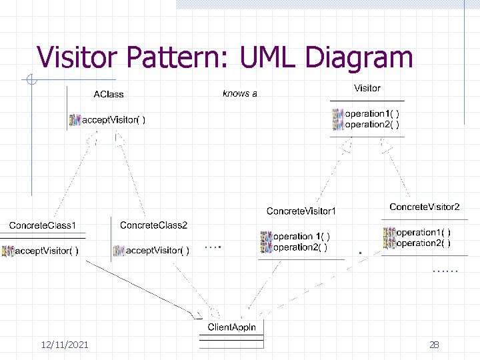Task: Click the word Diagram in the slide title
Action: point(357,57)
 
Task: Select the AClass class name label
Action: point(108,95)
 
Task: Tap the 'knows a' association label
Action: point(239,93)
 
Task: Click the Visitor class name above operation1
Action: point(367,88)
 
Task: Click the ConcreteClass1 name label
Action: point(43,225)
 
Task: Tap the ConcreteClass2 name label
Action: point(154,225)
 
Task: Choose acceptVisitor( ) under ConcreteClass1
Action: point(47,251)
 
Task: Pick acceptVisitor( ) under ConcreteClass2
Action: point(157,251)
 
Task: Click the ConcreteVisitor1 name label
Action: point(301,211)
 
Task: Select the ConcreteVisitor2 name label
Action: point(425,207)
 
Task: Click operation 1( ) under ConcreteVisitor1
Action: point(301,237)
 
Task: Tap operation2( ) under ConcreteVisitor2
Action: point(423,243)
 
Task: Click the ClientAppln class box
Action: point(231,327)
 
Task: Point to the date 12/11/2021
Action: point(65,345)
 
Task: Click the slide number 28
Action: point(434,345)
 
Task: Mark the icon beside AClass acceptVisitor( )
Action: point(75,120)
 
